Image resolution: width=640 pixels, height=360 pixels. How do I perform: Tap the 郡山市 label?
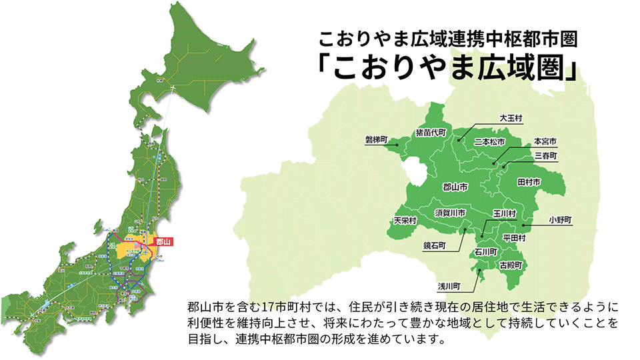(455, 188)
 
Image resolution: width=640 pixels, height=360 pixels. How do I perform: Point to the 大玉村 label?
(511, 117)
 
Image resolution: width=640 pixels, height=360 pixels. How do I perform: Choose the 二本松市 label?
(489, 142)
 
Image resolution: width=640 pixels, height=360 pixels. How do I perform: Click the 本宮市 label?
(545, 142)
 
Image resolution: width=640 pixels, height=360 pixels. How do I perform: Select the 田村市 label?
(528, 181)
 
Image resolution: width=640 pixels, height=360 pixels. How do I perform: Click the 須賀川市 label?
(449, 213)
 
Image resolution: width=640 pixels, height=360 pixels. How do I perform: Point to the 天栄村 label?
(405, 220)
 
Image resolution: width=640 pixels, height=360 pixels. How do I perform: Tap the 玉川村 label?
(505, 213)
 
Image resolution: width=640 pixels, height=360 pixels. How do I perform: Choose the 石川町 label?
(486, 253)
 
